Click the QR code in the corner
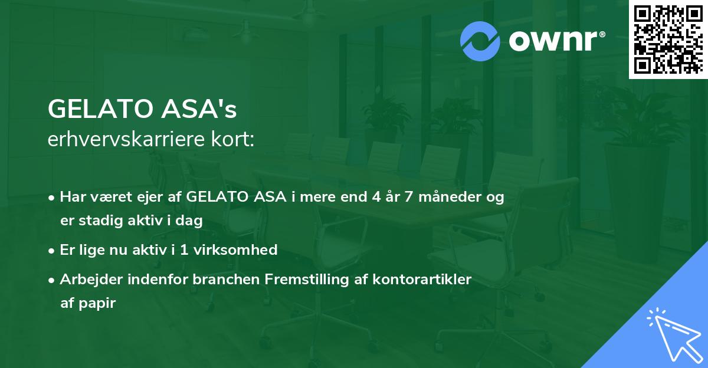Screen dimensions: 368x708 click(668, 39)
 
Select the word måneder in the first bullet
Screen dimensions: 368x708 click(450, 198)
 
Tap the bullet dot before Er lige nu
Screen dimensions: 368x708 click(53, 250)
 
